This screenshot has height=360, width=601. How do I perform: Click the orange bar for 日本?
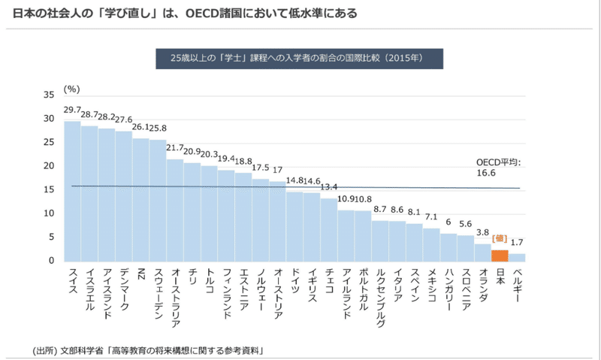(x=500, y=256)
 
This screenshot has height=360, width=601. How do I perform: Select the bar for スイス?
(x=72, y=191)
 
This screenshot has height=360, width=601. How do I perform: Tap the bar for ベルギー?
(x=517, y=257)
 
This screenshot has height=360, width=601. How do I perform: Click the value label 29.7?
(x=72, y=110)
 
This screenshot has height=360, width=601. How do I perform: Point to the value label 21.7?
(x=175, y=149)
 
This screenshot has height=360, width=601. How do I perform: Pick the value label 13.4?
(x=329, y=187)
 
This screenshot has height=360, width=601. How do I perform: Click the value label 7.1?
(x=431, y=217)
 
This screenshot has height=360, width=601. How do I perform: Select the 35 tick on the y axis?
(x=50, y=95)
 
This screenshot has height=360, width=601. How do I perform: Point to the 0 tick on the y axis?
(x=53, y=261)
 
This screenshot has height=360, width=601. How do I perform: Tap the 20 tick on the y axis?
(x=50, y=166)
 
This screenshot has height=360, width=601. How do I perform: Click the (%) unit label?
(x=72, y=88)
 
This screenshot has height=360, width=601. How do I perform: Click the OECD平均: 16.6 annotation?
(x=498, y=167)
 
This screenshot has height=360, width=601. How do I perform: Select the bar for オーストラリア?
(x=175, y=210)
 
